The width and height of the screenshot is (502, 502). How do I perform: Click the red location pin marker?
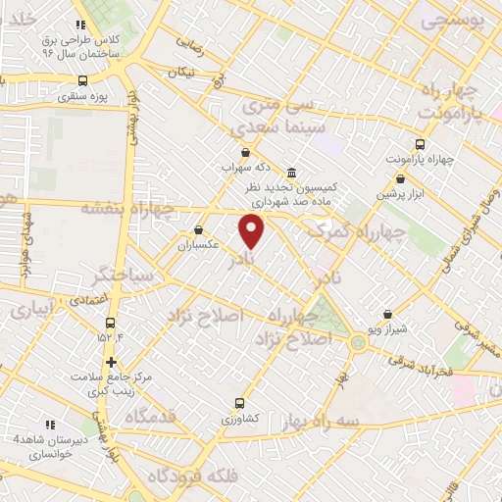click(252, 230)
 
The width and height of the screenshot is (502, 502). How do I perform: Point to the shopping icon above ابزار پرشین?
click(400, 178)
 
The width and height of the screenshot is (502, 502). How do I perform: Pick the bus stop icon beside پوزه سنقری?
click(83, 81)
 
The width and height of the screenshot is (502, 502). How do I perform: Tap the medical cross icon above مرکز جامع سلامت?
click(111, 362)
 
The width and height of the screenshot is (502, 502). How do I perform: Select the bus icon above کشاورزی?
click(240, 403)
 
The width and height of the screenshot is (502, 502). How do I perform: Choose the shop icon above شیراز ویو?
click(390, 315)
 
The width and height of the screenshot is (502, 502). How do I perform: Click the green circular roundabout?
click(359, 342)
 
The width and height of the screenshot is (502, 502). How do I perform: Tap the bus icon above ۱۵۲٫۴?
click(111, 322)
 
